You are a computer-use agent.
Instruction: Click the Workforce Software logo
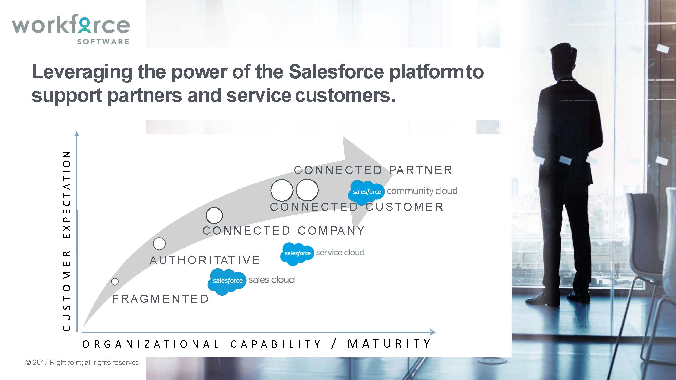(71, 29)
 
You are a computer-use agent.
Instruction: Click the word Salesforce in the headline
(336, 72)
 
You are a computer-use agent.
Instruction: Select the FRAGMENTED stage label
(161, 299)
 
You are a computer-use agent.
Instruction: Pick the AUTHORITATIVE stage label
(205, 260)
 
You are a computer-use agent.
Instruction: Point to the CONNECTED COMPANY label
(284, 231)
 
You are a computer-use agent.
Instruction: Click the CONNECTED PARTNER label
(373, 170)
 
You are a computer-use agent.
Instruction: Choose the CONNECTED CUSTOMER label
(357, 207)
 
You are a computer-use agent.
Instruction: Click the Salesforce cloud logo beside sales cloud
(227, 281)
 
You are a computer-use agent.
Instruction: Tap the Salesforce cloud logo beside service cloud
(297, 254)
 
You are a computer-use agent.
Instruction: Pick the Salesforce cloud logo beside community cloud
(366, 193)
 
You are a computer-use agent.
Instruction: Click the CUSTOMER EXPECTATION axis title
(67, 241)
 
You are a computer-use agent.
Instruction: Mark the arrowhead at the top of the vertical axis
(77, 134)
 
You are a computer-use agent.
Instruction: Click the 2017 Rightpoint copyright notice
(83, 363)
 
